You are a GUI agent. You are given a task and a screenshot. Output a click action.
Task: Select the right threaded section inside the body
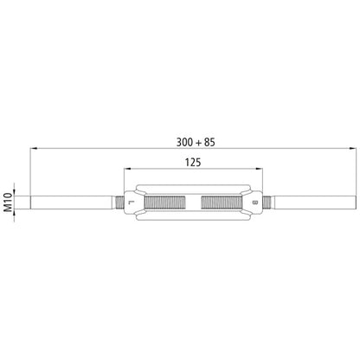click(224, 203)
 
